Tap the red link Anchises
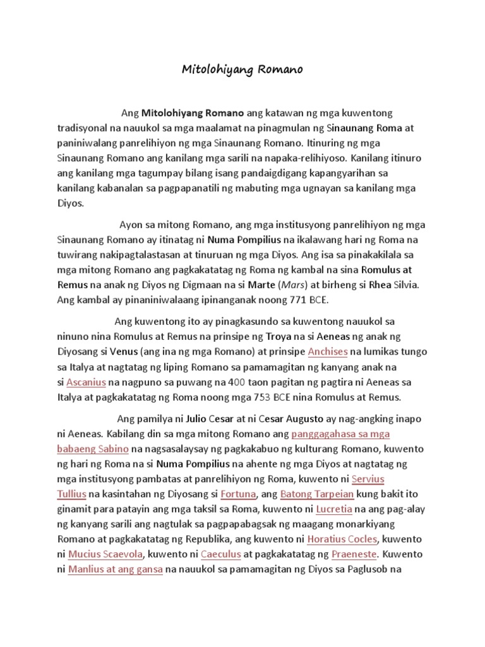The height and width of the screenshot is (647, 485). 328,351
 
